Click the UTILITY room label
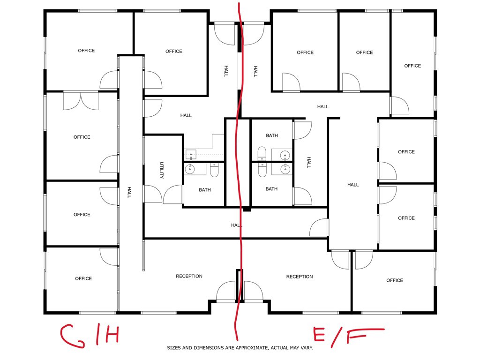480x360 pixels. click(x=162, y=170)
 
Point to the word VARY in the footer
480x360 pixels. click(x=307, y=348)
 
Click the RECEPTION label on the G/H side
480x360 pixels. click(x=189, y=276)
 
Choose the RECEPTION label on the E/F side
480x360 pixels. click(x=300, y=277)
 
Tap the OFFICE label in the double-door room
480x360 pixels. click(x=82, y=137)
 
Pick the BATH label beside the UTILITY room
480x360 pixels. click(x=205, y=190)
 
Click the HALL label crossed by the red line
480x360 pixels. click(x=236, y=225)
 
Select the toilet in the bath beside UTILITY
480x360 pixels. click(x=214, y=170)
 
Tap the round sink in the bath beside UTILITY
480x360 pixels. click(x=190, y=169)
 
